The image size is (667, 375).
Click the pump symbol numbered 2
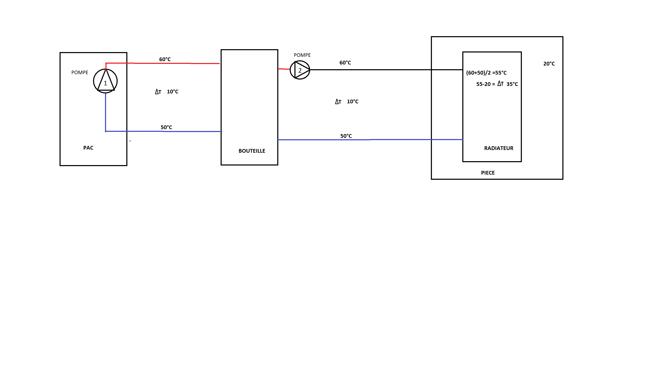coord(300,70)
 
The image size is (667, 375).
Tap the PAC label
coord(88,148)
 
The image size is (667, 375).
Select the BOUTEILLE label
coord(252,151)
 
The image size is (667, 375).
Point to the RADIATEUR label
coord(498,148)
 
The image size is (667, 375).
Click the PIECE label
coord(488,173)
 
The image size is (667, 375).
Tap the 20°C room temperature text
coord(549,64)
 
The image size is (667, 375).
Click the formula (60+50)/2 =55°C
coord(486,73)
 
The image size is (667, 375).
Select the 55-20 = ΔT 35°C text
coord(497,84)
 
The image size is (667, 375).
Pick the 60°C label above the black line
coord(345,63)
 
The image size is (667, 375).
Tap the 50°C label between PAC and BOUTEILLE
coord(166,127)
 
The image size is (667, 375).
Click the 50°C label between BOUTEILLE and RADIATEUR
coord(346,136)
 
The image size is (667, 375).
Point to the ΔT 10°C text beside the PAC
coord(167,92)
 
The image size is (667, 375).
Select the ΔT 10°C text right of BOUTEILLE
coord(347,101)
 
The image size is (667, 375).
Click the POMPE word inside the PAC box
coord(80,73)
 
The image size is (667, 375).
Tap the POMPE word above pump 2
coord(302,55)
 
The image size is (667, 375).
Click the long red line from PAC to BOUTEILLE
coord(176,63)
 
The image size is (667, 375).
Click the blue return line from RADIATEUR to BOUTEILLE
coord(370,139)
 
